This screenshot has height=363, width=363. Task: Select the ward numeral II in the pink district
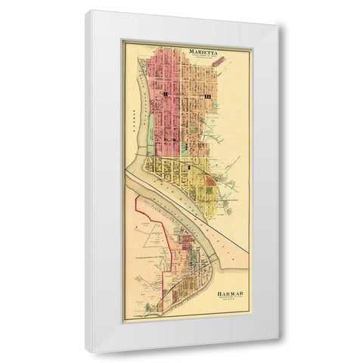tap(163, 95)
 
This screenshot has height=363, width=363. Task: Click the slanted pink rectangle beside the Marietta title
tap(218, 74)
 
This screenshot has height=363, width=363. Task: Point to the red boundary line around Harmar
tap(135, 219)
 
